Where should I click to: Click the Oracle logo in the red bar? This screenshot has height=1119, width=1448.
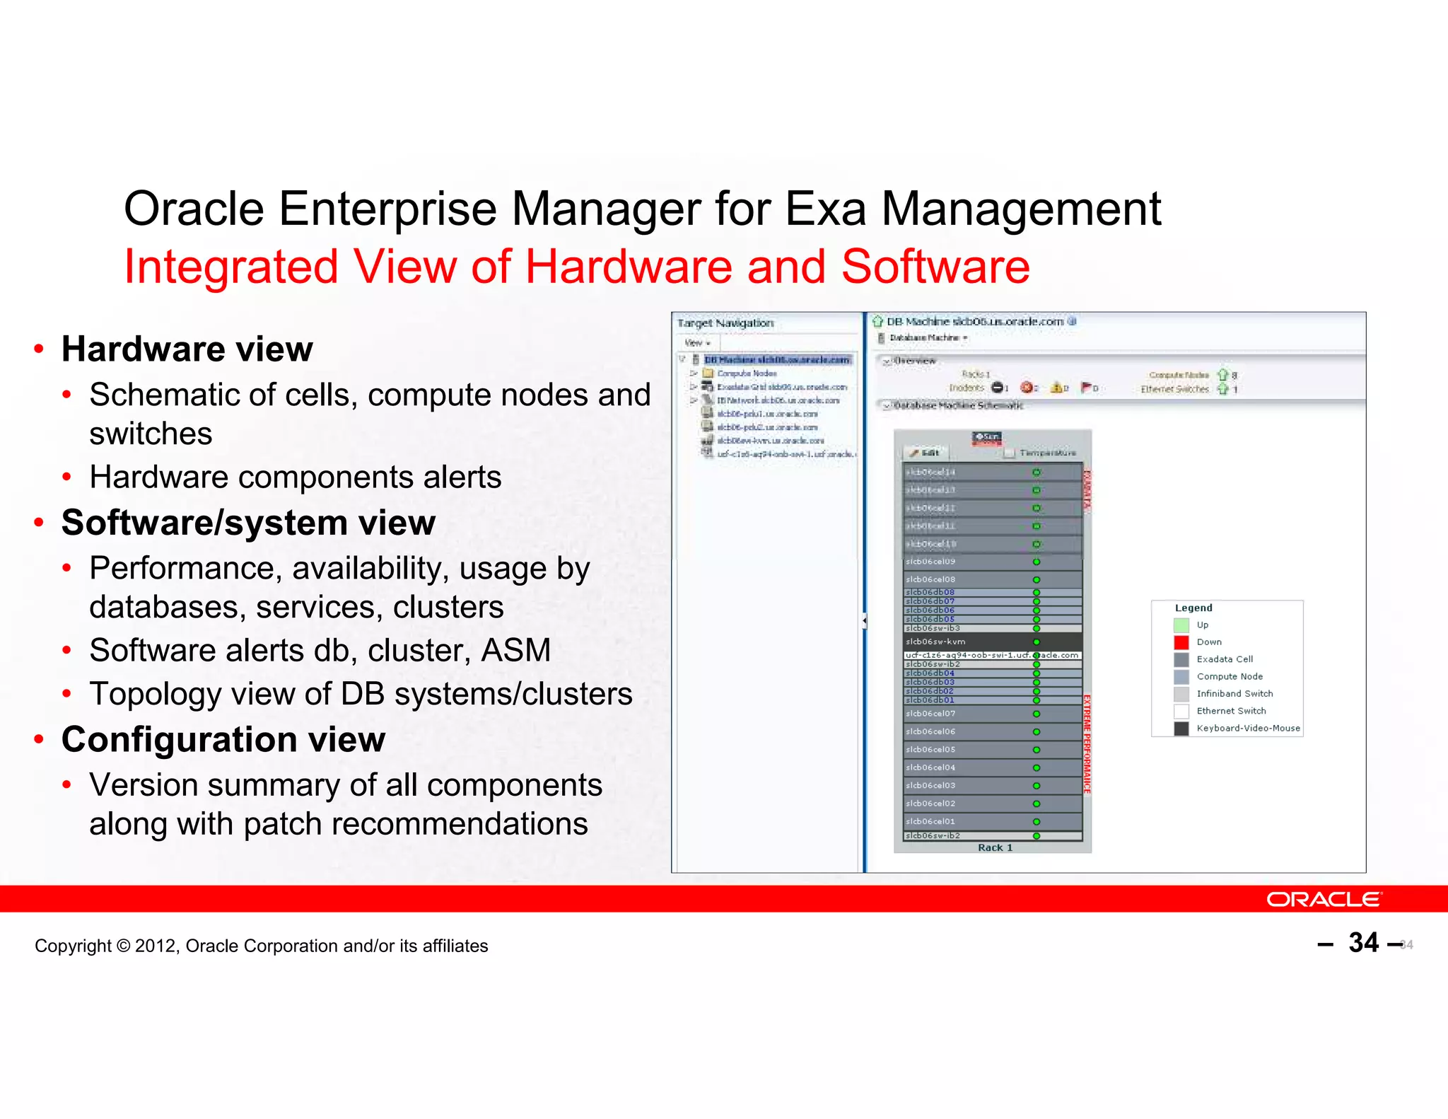(1323, 899)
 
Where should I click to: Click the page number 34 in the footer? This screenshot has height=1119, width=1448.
(1363, 943)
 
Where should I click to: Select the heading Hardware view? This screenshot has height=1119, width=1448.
(187, 349)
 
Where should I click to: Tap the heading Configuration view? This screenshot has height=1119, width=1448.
(223, 739)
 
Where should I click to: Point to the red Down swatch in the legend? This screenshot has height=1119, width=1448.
(1181, 642)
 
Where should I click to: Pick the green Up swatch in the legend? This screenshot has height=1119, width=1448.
(1181, 625)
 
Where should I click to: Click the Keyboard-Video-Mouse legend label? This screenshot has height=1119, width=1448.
(1248, 728)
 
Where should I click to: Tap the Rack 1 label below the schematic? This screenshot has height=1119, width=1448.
(995, 847)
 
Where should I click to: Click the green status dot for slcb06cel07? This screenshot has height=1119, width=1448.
(1036, 714)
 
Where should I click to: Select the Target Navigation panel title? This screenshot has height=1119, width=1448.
(725, 323)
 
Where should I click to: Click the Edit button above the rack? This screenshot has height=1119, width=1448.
(926, 453)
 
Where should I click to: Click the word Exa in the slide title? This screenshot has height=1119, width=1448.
(825, 209)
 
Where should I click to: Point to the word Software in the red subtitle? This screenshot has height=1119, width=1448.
(935, 267)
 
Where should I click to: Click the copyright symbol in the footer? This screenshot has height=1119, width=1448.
(123, 946)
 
